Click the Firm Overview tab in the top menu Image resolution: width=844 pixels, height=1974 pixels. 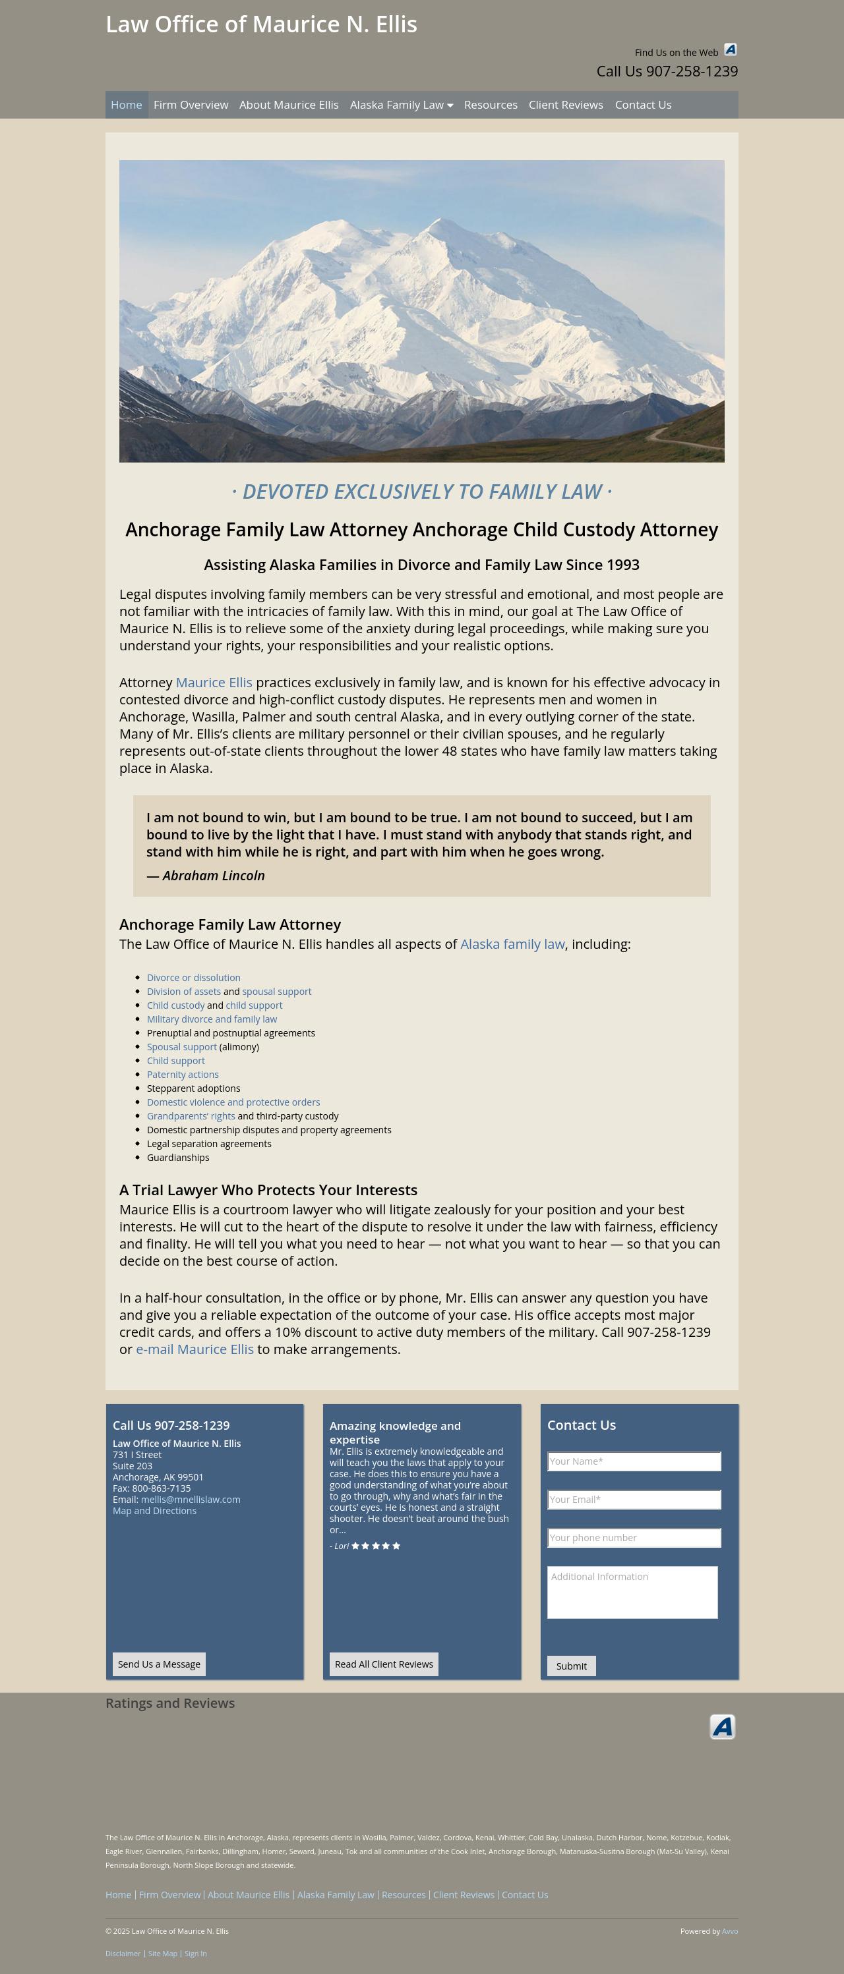coord(190,105)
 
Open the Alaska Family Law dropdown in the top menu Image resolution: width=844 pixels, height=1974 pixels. coord(401,105)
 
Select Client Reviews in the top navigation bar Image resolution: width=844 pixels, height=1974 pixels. coord(565,105)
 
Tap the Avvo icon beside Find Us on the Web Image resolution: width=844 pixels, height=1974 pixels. coord(730,50)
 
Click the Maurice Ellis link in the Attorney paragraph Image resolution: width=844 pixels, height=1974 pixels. coord(214,682)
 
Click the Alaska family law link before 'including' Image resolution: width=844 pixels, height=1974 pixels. coord(512,944)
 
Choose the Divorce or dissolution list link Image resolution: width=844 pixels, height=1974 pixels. coord(193,978)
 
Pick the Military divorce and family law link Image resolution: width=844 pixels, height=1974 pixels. coord(212,1019)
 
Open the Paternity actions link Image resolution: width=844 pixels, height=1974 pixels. coord(183,1075)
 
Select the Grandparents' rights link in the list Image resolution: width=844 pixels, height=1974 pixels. coord(191,1115)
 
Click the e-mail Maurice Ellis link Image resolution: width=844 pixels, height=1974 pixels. coord(195,1349)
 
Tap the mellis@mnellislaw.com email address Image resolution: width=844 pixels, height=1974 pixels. coord(190,1500)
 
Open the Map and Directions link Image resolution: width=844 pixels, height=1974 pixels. coord(154,1511)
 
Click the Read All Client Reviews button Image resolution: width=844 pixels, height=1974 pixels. coord(383,1664)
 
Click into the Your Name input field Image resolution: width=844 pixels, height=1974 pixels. coord(634,1461)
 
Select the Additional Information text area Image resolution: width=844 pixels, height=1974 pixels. coord(632,1592)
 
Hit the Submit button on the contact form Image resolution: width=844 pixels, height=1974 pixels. coord(571,1666)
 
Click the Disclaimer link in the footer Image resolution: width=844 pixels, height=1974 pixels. coord(123,1954)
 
